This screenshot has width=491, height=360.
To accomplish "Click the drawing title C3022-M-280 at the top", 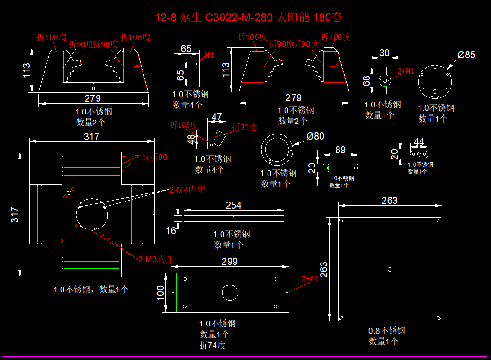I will [x=249, y=18].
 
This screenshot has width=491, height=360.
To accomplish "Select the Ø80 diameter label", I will [x=315, y=137].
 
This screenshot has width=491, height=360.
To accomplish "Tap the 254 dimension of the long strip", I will [x=233, y=205].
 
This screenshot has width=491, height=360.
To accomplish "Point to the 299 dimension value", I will [x=230, y=262].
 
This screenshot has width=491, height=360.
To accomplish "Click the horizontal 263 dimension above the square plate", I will [x=390, y=201].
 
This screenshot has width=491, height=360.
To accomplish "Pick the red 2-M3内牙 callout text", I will [x=156, y=259].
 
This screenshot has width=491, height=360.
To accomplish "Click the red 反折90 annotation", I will [x=154, y=157].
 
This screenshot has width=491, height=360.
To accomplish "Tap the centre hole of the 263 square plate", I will [x=390, y=269].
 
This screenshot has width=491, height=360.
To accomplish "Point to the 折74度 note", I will [x=213, y=345].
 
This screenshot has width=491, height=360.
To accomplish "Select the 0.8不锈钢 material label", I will [x=387, y=331].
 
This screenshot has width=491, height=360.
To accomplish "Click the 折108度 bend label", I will [x=184, y=125].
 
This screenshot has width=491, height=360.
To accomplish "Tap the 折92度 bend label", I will [x=244, y=127].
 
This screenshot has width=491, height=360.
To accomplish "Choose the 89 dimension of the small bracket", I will [x=340, y=150].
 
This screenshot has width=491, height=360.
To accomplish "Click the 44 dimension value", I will [x=419, y=142].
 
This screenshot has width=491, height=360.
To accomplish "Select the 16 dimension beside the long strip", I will [x=171, y=230].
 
